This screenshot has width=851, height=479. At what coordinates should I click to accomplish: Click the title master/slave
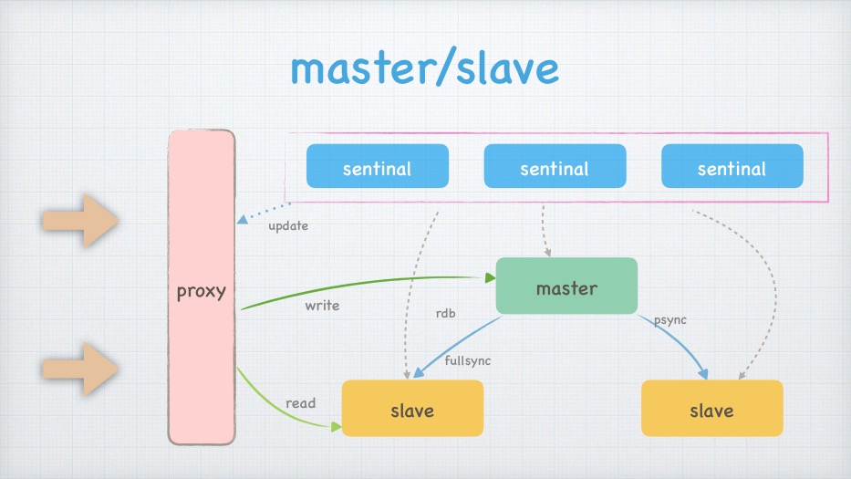tap(424, 68)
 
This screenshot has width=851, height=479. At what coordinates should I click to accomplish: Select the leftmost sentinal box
tap(377, 167)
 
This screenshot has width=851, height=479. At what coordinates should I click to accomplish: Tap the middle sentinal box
tap(554, 167)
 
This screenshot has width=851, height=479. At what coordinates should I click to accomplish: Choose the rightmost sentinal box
tap(732, 167)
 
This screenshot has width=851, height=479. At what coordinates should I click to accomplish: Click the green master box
tap(566, 286)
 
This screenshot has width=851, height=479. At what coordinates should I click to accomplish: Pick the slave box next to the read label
tap(412, 409)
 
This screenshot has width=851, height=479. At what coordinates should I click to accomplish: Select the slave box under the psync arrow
tap(711, 409)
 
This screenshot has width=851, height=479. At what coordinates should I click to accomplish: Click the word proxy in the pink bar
tap(201, 293)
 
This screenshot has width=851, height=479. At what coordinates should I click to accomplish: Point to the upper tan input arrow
tap(81, 220)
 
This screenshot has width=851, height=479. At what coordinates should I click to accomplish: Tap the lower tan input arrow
tap(81, 369)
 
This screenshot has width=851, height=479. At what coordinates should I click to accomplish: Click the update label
tap(288, 225)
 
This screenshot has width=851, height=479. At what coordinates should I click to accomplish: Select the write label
tap(322, 306)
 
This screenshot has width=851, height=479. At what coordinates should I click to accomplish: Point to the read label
tap(300, 403)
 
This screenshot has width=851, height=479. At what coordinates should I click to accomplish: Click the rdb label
tap(445, 314)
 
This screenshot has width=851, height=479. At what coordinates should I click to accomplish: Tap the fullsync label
tap(467, 360)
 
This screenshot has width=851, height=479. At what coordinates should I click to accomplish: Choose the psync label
tap(669, 321)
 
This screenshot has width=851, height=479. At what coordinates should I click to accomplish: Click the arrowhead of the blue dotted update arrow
tap(241, 220)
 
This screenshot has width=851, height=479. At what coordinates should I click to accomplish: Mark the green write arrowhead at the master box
tap(490, 277)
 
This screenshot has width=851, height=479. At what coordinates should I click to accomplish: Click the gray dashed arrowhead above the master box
tap(547, 252)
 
